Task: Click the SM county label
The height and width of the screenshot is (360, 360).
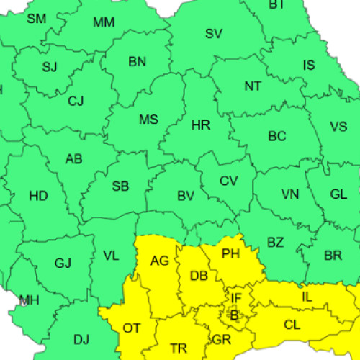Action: tap(37, 18)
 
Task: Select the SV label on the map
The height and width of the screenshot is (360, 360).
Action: tap(214, 33)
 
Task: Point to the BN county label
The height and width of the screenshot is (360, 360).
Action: tap(138, 62)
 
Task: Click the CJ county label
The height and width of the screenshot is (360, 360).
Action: tap(76, 102)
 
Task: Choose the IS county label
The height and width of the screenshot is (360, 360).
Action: tap(309, 66)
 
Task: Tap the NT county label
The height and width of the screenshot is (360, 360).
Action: tap(253, 86)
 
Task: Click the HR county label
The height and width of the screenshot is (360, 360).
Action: tap(201, 125)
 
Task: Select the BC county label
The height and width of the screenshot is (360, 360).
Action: tap(277, 136)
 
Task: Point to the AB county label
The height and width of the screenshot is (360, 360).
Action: tap(74, 159)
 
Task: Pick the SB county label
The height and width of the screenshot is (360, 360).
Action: tap(120, 186)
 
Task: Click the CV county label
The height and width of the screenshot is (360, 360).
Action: tap(228, 181)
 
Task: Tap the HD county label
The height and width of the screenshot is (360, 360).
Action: tap(38, 196)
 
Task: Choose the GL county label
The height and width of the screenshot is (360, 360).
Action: tap(338, 194)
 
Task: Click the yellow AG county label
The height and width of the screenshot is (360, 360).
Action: tap(159, 261)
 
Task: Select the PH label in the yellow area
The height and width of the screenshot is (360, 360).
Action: tap(230, 254)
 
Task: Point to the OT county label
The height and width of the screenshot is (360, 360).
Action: tap(132, 328)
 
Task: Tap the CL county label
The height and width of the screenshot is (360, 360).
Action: tap(292, 325)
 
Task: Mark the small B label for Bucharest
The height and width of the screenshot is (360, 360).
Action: tap(233, 315)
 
